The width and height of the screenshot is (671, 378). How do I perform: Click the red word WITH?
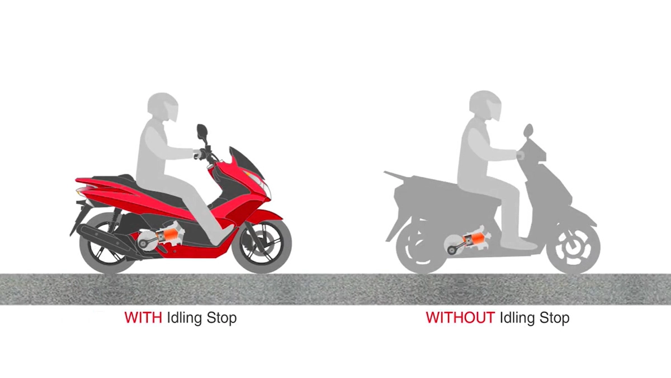(x=143, y=318)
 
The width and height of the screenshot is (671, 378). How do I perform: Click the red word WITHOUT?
(x=460, y=318)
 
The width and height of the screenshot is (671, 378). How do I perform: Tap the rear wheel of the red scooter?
(x=106, y=246)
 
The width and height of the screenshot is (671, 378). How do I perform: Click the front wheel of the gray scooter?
(x=573, y=246)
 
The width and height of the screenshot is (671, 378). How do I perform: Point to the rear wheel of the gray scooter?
(x=421, y=246)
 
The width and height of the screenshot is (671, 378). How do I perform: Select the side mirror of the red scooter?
(x=202, y=133)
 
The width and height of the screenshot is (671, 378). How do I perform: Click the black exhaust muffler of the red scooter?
(x=103, y=232)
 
